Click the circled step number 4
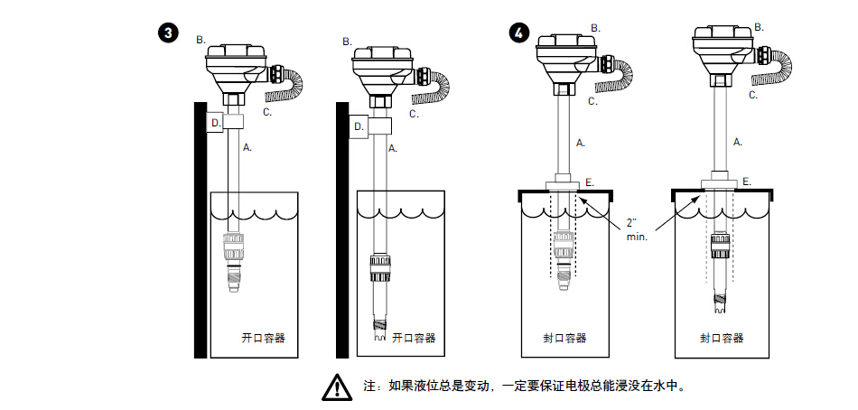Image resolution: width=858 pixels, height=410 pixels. point(518,33)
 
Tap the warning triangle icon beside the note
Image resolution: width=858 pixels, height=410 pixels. point(336,387)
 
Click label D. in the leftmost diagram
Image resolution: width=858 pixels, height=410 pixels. point(216,122)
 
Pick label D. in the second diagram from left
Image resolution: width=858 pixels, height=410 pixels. point(359,126)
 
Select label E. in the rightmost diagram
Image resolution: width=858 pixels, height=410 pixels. point(747,182)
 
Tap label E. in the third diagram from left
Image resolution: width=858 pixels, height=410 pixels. point(590,182)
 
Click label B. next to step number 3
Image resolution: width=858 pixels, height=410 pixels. point(201,40)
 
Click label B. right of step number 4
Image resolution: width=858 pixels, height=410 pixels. point(595,29)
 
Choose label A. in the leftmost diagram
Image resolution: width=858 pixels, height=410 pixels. point(247,145)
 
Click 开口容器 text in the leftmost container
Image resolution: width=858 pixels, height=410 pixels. point(264,338)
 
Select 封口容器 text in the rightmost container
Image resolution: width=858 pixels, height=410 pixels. point(722,338)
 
